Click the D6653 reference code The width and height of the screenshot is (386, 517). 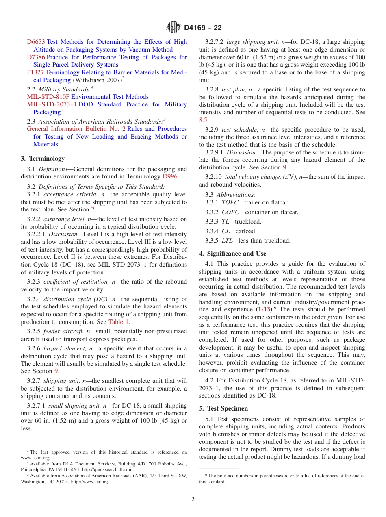click(36, 42)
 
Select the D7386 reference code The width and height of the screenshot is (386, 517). click(36, 57)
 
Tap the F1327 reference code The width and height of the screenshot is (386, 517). click(35, 72)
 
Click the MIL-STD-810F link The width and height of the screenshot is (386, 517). click(48, 97)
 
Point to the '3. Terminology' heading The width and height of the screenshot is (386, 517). click(43, 159)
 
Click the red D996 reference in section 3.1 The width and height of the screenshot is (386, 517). click(170, 176)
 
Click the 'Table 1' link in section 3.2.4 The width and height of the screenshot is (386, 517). click(119, 322)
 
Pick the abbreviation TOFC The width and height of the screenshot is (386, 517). click(230, 202)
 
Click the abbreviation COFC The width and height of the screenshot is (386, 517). click(230, 212)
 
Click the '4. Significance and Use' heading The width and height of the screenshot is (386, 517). click(232, 254)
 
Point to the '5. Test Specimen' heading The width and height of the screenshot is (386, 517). click(223, 408)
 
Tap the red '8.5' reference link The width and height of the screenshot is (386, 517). click(203, 120)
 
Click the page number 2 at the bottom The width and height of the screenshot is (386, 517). click(193, 500)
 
